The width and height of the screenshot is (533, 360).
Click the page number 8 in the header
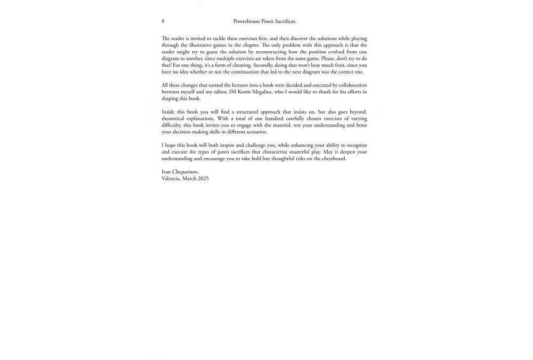[x=163, y=21]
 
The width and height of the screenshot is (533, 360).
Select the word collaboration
[x=350, y=85]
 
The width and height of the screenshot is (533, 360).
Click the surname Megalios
[x=268, y=92]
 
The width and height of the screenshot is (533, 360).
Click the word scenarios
[x=256, y=132]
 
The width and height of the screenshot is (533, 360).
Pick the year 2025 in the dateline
[x=203, y=179]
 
